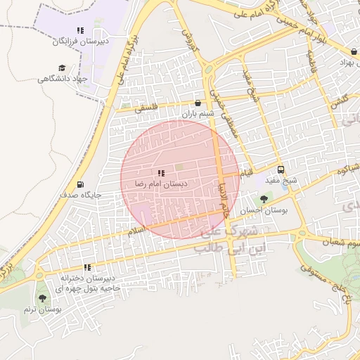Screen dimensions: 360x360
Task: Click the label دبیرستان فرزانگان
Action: point(80,41)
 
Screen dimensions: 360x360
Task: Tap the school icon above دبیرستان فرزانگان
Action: point(80,31)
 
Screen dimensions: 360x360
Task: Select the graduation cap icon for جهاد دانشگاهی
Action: point(62,68)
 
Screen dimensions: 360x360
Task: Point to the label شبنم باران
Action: point(197,114)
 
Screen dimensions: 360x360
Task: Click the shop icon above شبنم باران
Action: point(197,103)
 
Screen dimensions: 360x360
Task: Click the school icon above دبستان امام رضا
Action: point(161,173)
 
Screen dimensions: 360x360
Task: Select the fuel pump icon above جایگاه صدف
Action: point(80,184)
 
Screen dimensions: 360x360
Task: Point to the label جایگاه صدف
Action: point(81,195)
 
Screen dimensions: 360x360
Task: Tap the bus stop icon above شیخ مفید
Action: point(281,169)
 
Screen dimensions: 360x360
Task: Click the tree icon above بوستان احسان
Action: point(264,200)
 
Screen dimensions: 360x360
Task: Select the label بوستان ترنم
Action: point(42,309)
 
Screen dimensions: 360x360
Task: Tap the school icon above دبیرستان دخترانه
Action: point(87,267)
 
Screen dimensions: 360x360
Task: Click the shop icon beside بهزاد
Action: point(354,51)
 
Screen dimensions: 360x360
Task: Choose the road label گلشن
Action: point(342,101)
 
